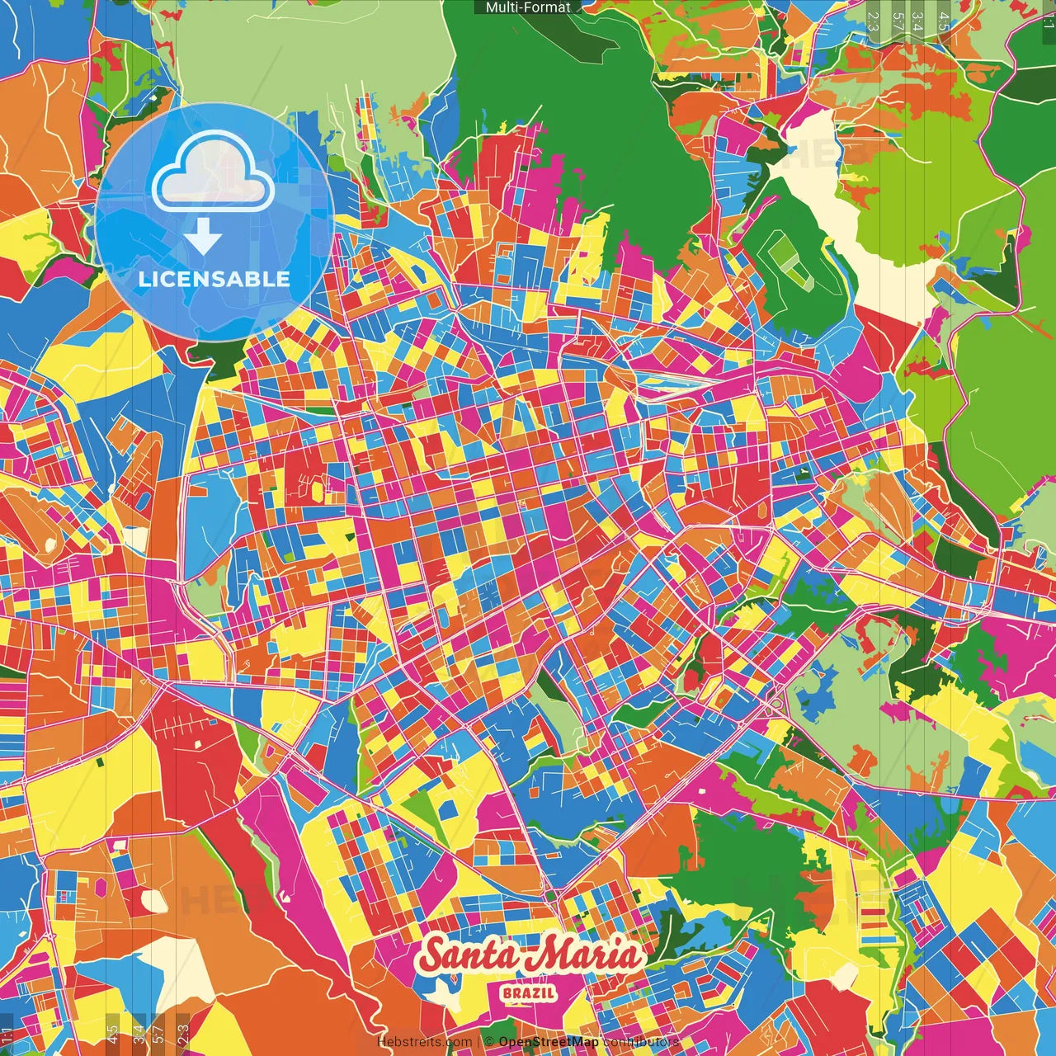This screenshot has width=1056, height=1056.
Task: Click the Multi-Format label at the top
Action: click(x=528, y=7)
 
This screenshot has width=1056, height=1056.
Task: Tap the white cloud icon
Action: click(x=214, y=174)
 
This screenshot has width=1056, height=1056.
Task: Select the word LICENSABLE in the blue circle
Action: click(x=214, y=279)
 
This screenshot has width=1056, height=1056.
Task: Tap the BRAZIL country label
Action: click(x=528, y=992)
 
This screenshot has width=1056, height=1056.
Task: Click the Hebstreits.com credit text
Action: click(x=424, y=1042)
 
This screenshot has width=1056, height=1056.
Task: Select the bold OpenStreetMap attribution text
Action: click(x=549, y=1042)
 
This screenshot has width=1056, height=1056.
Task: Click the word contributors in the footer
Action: click(x=641, y=1042)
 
